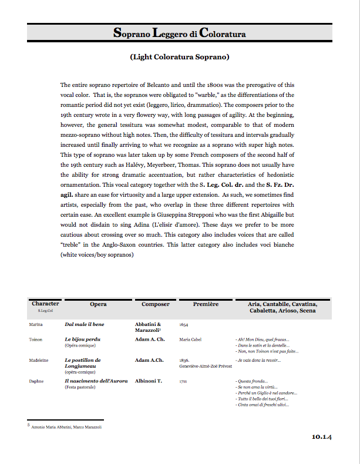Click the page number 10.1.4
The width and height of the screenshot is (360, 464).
point(322,436)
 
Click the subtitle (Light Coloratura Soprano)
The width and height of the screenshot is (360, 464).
point(180,58)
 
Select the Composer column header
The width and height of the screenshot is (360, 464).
point(156,304)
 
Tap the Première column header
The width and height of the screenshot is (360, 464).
point(206,304)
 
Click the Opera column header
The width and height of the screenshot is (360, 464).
point(98,304)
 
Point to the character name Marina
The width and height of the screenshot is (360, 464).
point(35,324)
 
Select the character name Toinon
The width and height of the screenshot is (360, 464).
point(35,339)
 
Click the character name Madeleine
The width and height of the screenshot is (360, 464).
point(38,360)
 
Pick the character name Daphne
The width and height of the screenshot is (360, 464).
point(36,381)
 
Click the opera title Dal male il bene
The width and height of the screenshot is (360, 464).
point(85,324)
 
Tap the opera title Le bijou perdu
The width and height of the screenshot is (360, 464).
point(82,339)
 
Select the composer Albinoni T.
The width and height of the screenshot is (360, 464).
point(151,381)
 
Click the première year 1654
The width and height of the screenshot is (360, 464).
point(184,324)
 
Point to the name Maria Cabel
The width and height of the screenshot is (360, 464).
point(191,339)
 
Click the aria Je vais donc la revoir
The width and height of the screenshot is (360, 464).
point(258,360)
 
